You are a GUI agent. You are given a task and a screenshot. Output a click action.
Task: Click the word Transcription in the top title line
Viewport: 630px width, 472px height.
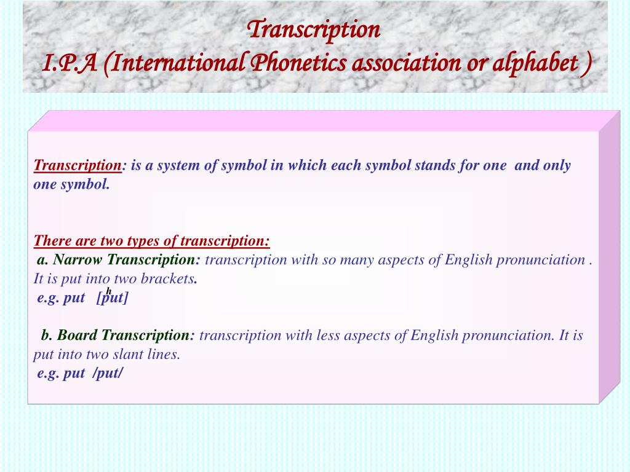(314, 29)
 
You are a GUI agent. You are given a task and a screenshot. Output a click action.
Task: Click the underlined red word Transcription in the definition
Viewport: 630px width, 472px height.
(78, 165)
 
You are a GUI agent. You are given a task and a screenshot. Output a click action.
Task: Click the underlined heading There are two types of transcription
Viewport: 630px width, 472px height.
(152, 240)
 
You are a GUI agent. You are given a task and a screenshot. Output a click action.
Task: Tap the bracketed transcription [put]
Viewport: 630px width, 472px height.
(113, 298)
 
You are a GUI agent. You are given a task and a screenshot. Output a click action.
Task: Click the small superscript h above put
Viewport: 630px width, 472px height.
(109, 290)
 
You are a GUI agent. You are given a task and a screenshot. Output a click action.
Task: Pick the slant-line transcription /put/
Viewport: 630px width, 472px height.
(108, 374)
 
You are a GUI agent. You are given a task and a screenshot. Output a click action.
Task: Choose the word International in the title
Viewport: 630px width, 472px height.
(175, 62)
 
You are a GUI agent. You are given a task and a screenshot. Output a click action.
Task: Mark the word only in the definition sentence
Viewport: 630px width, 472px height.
(556, 165)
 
